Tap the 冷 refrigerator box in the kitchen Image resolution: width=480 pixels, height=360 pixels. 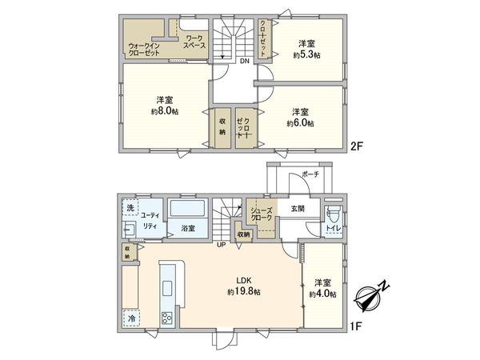coord(131,318)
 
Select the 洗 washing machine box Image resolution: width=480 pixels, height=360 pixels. coord(130,209)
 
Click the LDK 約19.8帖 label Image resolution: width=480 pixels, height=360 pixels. coord(244,286)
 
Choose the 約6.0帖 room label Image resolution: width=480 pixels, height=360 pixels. coord(301,118)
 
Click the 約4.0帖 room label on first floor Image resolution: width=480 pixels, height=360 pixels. coord(323,288)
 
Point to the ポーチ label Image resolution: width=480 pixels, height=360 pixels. coord(310,175)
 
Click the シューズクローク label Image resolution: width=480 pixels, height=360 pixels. coord(263,214)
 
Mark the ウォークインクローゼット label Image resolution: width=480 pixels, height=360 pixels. coord(145,50)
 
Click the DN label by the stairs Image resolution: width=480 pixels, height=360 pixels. coord(243,60)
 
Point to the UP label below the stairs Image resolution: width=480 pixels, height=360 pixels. coord(222,245)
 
